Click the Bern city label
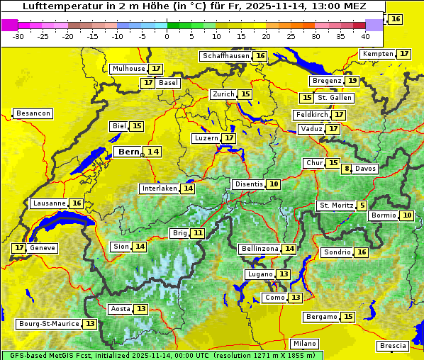129,152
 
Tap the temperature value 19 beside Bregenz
352,81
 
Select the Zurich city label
223,94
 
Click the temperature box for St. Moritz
362,206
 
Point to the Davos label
366,169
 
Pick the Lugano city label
260,274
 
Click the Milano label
306,343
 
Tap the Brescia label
394,346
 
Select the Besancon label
33,113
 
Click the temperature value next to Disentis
274,184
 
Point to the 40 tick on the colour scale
365,36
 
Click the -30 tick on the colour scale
18,36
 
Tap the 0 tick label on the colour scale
167,36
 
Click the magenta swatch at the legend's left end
9,25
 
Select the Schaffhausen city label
226,56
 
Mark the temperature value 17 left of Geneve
19,248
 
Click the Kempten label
378,54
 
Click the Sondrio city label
337,252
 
